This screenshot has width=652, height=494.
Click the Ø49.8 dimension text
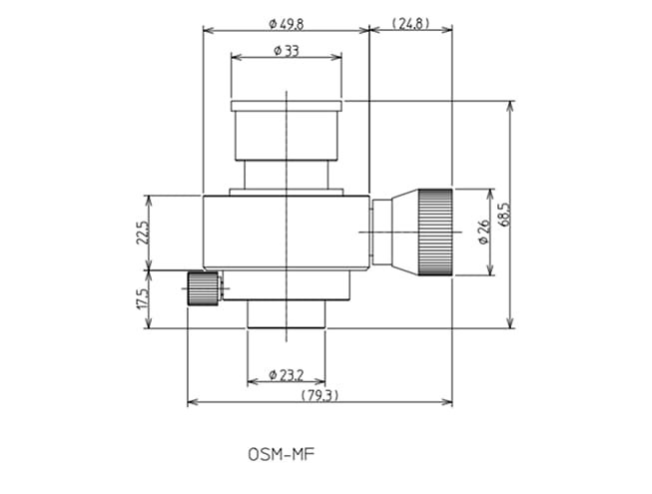point(286,23)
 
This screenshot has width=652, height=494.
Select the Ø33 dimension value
point(286,51)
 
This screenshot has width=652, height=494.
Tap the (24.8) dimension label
point(410,23)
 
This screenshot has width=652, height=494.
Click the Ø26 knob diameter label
point(484,232)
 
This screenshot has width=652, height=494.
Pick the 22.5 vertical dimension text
point(141,233)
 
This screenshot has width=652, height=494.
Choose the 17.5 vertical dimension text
point(141,299)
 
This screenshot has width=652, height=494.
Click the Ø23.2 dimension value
point(286,376)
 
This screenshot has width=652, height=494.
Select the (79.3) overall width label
point(319,396)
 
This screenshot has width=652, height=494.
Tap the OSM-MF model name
point(282,453)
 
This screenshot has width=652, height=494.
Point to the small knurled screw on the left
point(204,289)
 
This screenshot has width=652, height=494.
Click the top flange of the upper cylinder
point(287,105)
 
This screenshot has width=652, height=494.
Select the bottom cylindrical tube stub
point(287,315)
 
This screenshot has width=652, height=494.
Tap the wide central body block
point(286,232)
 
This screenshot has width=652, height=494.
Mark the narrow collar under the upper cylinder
point(287,192)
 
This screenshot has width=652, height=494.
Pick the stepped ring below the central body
point(287,285)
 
